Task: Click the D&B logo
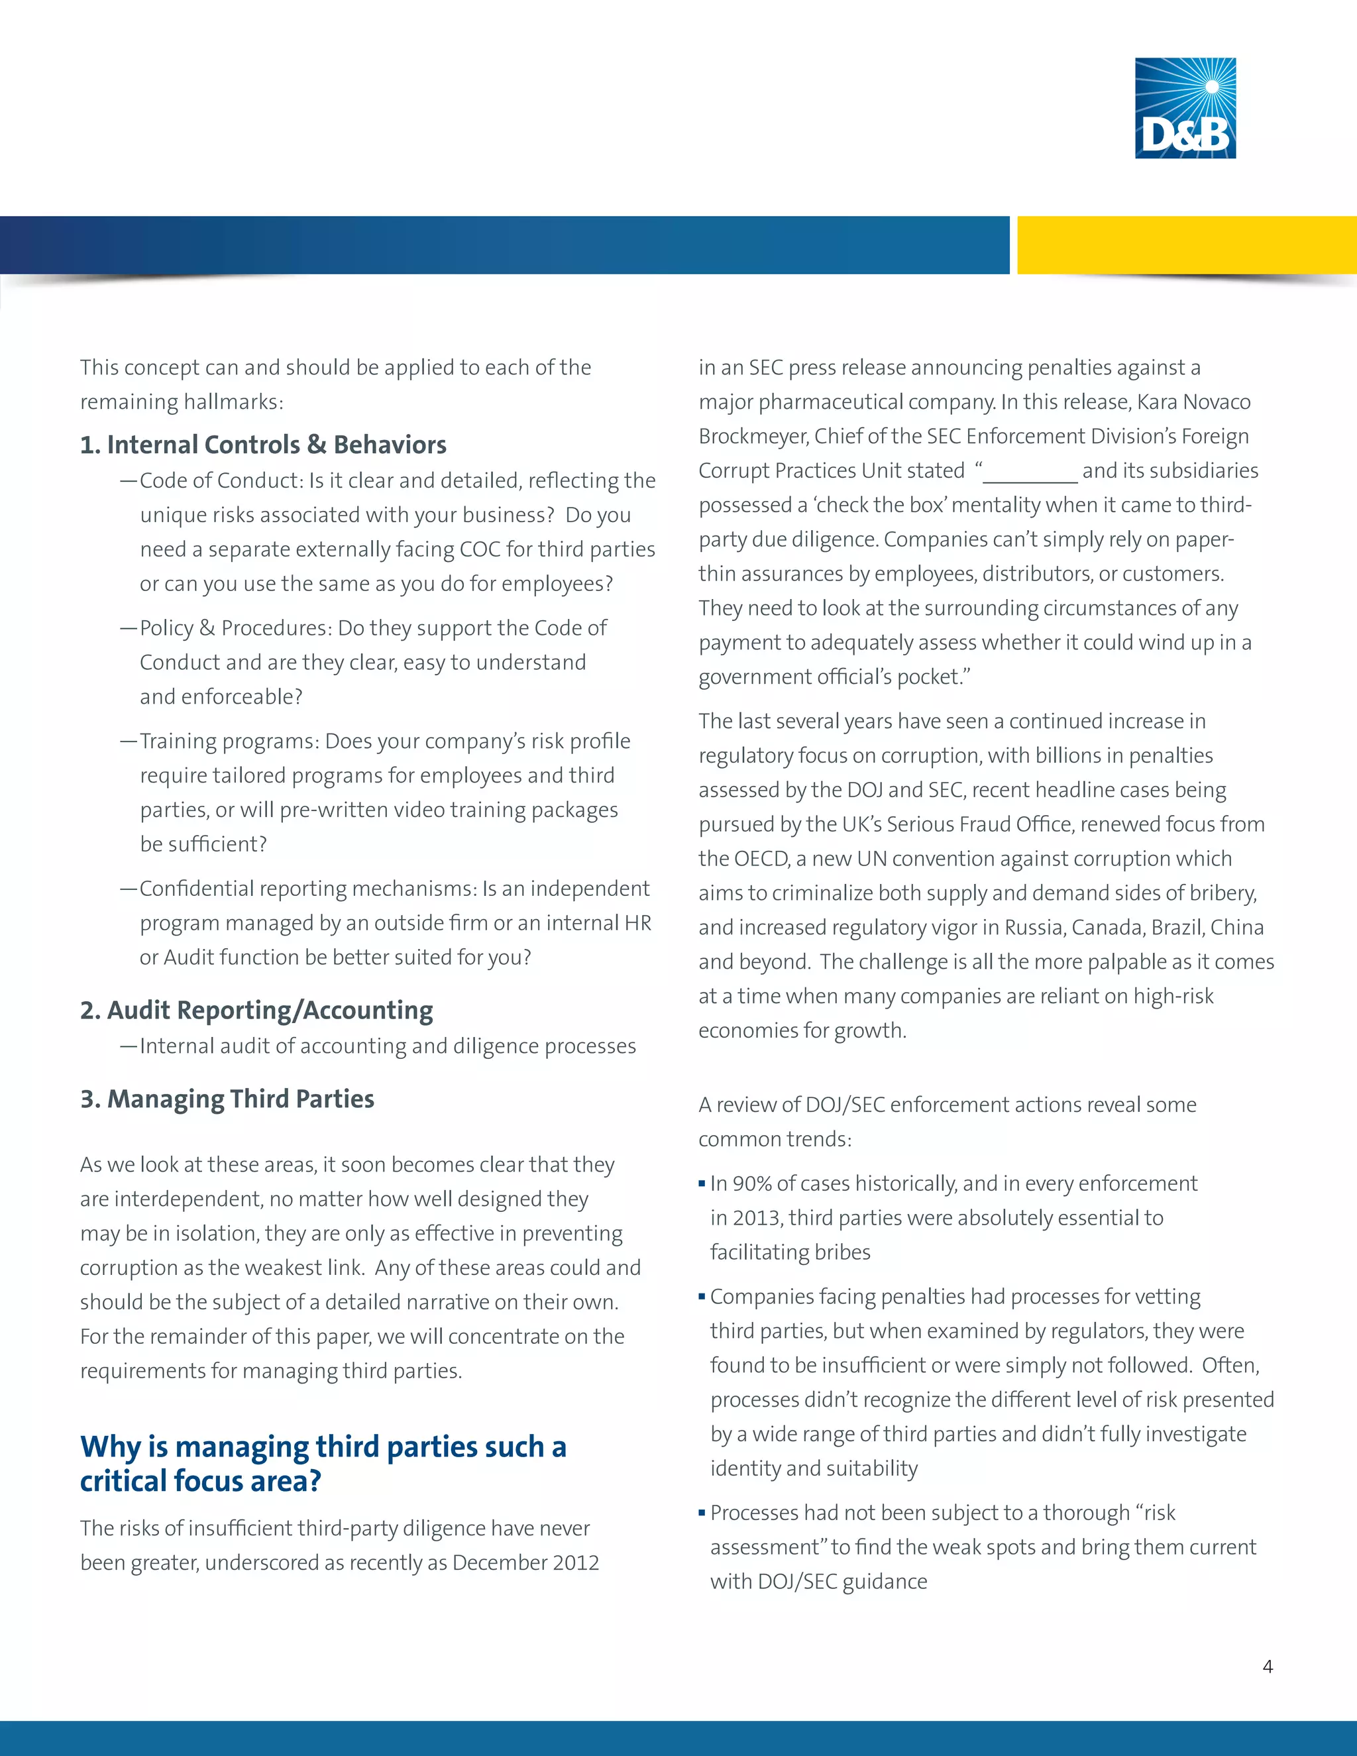pos(1185,108)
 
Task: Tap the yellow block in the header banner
pos(1187,245)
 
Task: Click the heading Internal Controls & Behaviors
pos(263,445)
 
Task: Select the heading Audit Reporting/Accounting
pos(256,1010)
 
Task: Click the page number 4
pos(1268,1667)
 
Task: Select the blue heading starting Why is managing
pos(323,1463)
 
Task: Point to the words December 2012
pos(525,1563)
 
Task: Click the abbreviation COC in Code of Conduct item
pos(480,549)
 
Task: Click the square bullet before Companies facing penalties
pos(702,1296)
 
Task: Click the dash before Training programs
pos(129,741)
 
